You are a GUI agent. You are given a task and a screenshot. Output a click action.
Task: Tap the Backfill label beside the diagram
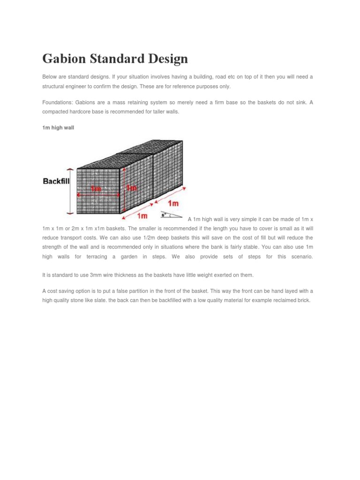pyautogui.click(x=56, y=181)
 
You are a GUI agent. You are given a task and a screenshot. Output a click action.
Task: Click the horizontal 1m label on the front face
pyautogui.click(x=96, y=188)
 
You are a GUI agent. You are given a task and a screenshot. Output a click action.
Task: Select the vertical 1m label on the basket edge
pyautogui.click(x=132, y=187)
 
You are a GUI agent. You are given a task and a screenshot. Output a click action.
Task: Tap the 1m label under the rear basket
pyautogui.click(x=173, y=203)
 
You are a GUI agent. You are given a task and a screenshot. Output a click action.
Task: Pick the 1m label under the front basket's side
pyautogui.click(x=142, y=216)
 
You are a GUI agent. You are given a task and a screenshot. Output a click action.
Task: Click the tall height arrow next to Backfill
pyautogui.click(x=70, y=191)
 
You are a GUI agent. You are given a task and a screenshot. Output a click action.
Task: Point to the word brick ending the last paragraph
pyautogui.click(x=303, y=300)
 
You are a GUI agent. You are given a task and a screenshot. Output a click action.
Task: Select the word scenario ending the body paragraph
pyautogui.click(x=301, y=257)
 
